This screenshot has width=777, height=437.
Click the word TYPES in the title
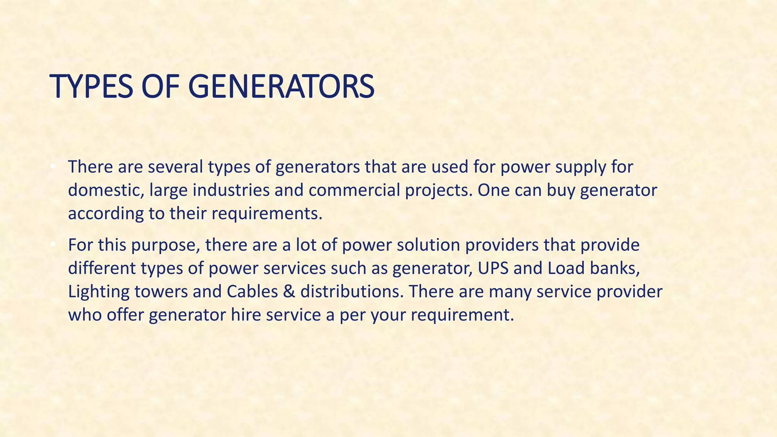pos(92,87)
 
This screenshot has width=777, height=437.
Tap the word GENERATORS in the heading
pos(281,87)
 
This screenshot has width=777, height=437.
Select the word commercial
pos(354,190)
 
